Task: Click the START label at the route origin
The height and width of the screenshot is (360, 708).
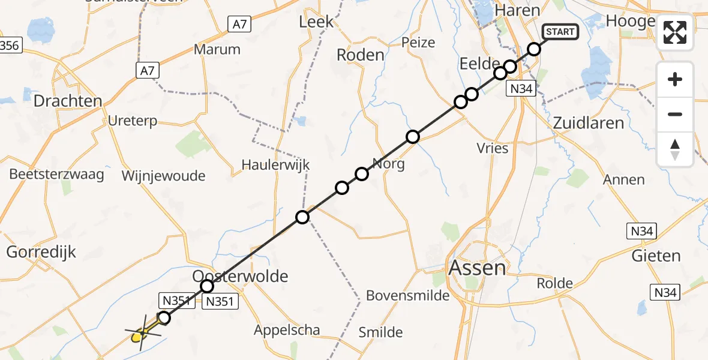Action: (x=560, y=32)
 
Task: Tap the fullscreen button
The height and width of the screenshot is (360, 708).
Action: (x=675, y=32)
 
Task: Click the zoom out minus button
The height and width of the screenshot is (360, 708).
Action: (x=675, y=114)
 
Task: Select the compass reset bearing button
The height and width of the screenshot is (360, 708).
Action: (x=675, y=149)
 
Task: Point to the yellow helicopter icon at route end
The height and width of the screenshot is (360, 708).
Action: (x=137, y=336)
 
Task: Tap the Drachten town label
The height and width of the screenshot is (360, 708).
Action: (x=68, y=101)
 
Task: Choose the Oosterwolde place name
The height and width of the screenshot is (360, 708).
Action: (x=240, y=276)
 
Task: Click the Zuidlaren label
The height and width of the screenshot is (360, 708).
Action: (x=588, y=123)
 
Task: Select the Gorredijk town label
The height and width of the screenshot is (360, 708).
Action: (x=41, y=252)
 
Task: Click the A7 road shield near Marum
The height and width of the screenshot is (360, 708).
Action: (x=240, y=24)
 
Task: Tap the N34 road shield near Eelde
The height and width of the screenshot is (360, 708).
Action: (x=520, y=89)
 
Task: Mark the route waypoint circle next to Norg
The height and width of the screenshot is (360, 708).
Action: (x=362, y=174)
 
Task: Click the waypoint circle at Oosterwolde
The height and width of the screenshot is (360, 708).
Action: (x=207, y=286)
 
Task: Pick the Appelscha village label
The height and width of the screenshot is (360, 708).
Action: (x=287, y=329)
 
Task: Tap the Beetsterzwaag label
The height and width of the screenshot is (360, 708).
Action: (x=56, y=175)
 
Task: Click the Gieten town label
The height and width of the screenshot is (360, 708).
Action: (x=656, y=256)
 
